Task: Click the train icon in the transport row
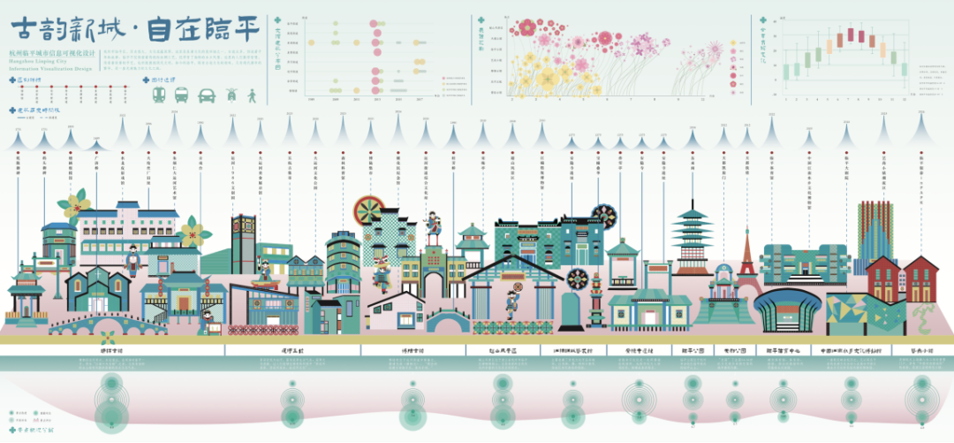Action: pyautogui.click(x=160, y=95)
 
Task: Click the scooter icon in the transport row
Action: pyautogui.click(x=231, y=94)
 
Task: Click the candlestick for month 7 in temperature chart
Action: pyautogui.click(x=852, y=35)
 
